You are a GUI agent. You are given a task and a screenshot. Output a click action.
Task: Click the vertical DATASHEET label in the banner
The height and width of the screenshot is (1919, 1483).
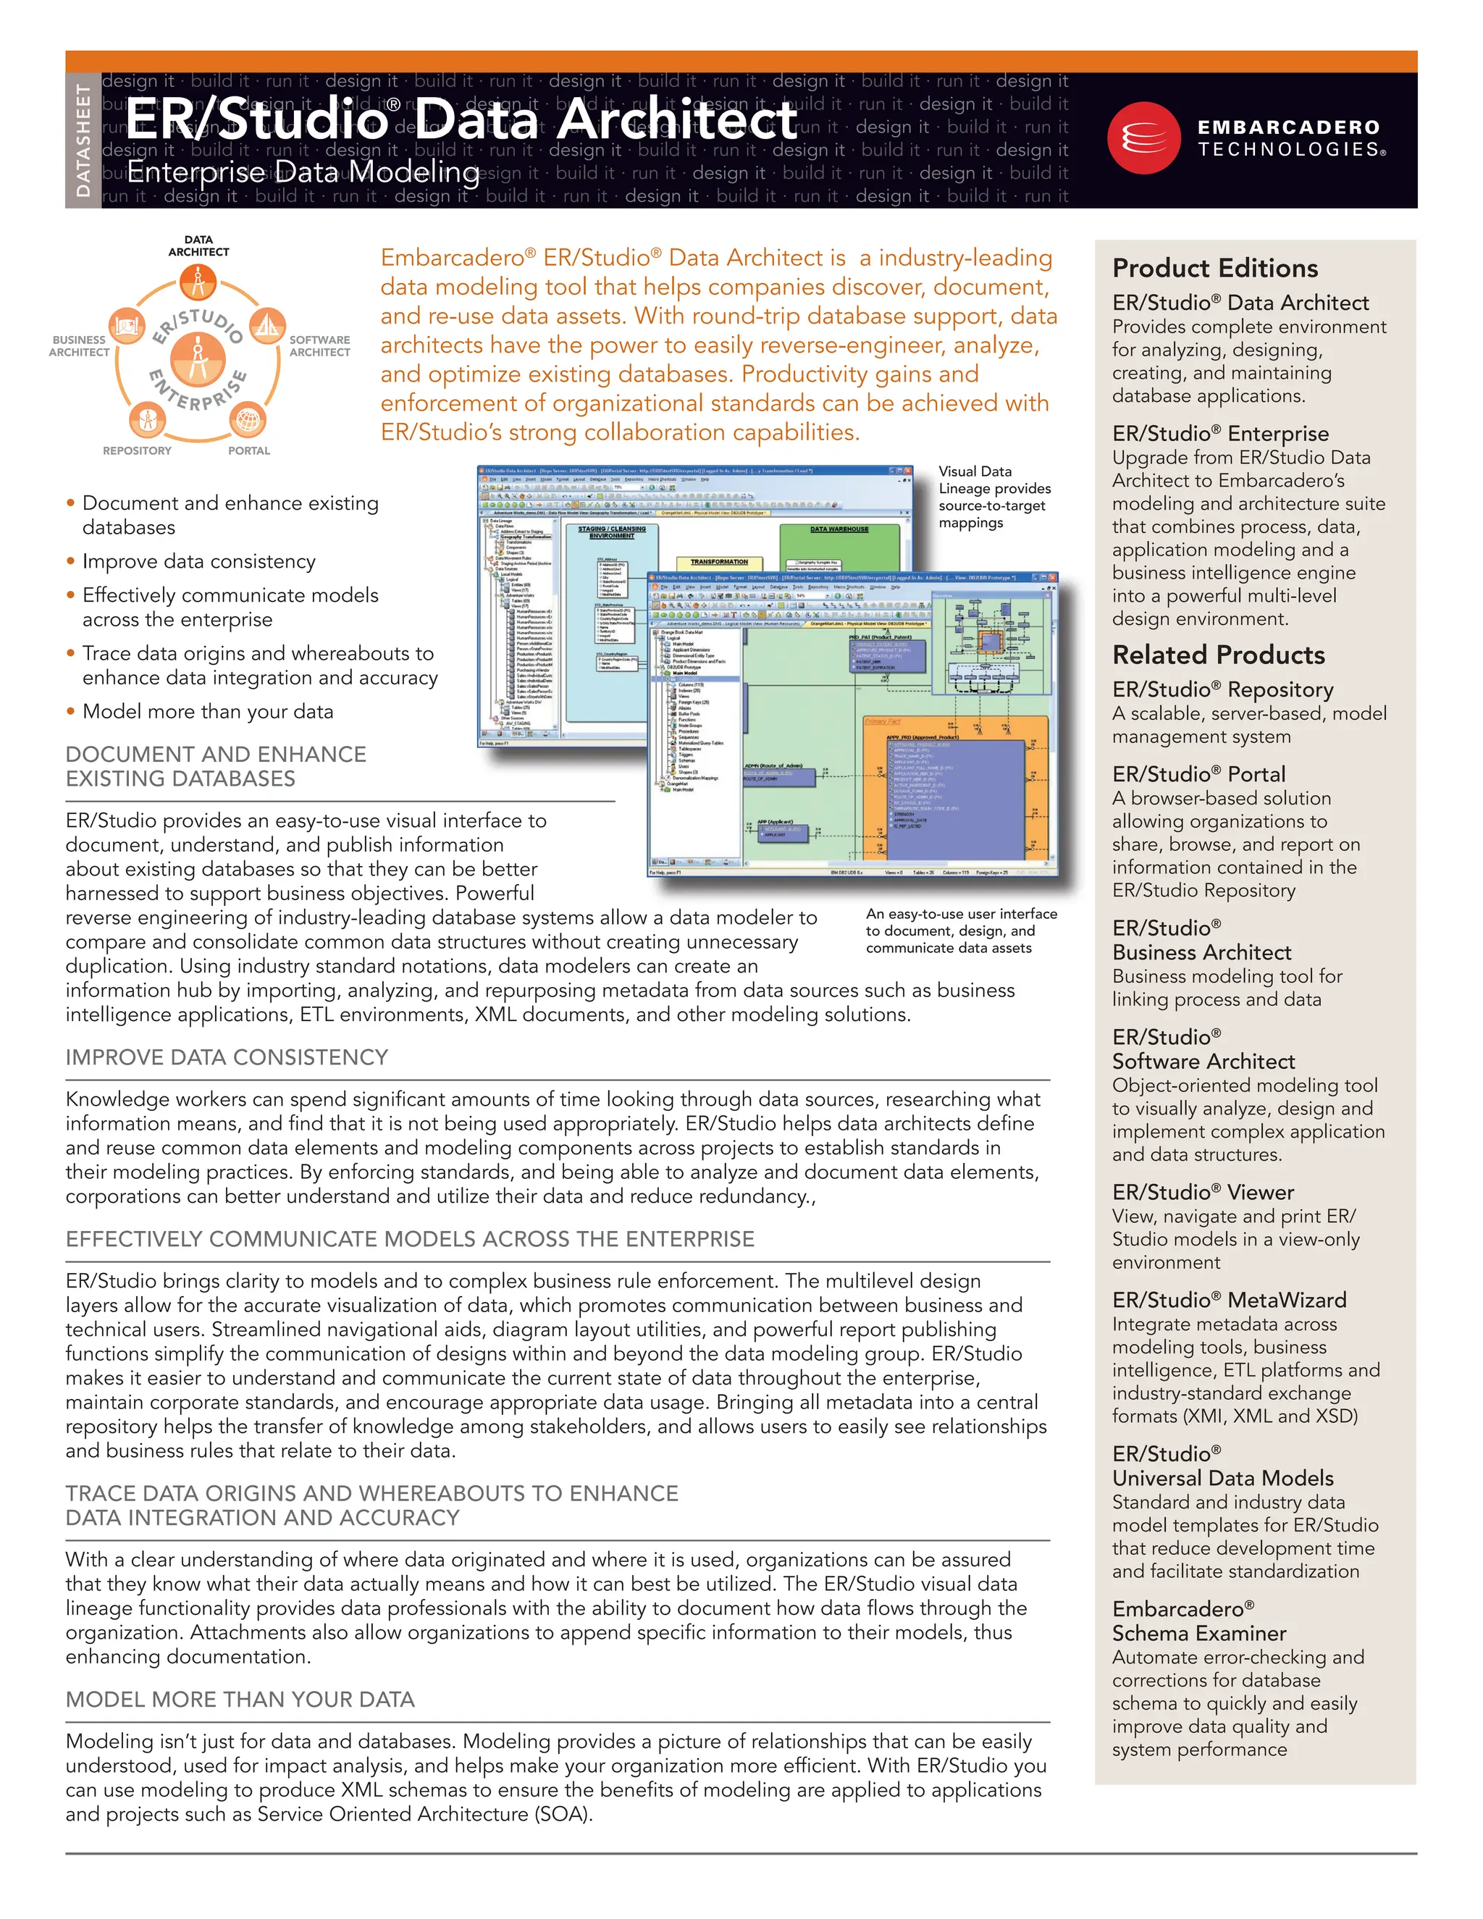pyautogui.click(x=83, y=140)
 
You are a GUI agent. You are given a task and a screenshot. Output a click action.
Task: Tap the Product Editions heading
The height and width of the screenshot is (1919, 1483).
pyautogui.click(x=1214, y=268)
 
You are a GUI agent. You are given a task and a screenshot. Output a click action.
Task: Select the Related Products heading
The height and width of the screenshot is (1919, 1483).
pyautogui.click(x=1218, y=655)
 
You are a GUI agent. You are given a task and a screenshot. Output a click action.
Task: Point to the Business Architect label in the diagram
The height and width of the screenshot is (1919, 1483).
pyautogui.click(x=79, y=346)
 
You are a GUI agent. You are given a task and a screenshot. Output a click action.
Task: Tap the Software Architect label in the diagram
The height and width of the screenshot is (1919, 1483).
pyautogui.click(x=320, y=346)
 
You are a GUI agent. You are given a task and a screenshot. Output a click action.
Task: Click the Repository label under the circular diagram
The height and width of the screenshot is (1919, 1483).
pyautogui.click(x=137, y=450)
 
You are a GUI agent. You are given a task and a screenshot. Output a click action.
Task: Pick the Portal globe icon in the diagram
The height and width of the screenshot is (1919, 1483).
pyautogui.click(x=248, y=419)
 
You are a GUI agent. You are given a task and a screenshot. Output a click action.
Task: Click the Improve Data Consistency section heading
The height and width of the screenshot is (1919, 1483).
pyautogui.click(x=227, y=1057)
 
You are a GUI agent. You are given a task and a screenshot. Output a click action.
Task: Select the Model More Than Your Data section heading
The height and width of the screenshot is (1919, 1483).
pyautogui.click(x=240, y=1700)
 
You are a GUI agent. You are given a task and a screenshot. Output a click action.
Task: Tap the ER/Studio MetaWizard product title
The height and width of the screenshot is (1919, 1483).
pyautogui.click(x=1228, y=1300)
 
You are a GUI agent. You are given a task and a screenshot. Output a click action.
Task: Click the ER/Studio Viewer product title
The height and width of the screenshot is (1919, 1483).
pyautogui.click(x=1203, y=1193)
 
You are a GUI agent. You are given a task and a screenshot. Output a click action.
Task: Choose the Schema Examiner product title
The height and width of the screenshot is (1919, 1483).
pyautogui.click(x=1198, y=1634)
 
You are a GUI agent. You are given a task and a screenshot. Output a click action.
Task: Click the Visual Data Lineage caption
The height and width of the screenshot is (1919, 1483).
pyautogui.click(x=993, y=497)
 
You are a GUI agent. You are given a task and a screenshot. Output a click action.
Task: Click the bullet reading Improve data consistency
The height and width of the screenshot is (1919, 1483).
pyautogui.click(x=198, y=561)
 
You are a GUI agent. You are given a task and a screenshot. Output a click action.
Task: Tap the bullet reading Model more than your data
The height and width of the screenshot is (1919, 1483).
pyautogui.click(x=207, y=712)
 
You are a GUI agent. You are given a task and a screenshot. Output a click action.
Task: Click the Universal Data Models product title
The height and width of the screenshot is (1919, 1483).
pyautogui.click(x=1222, y=1478)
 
